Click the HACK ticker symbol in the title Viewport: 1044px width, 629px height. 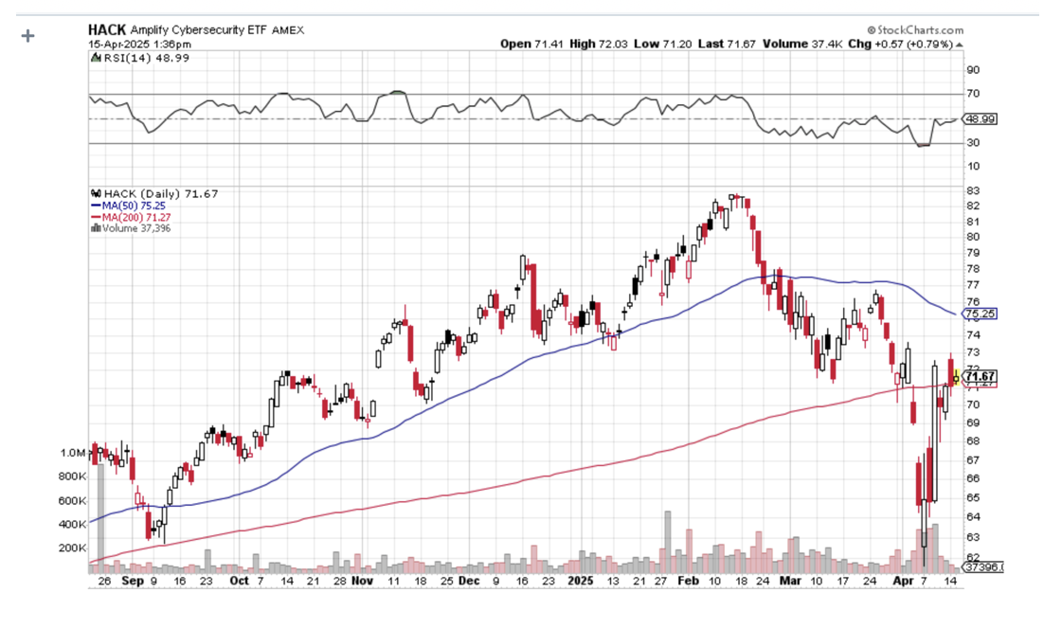[107, 29]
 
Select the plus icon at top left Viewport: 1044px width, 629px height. [27, 36]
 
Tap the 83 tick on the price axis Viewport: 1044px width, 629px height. [972, 191]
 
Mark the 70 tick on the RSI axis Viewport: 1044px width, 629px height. [972, 94]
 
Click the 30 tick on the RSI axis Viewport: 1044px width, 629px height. [972, 143]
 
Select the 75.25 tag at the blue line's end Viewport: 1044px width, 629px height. [981, 314]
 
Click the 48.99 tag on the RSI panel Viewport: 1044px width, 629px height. [981, 119]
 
